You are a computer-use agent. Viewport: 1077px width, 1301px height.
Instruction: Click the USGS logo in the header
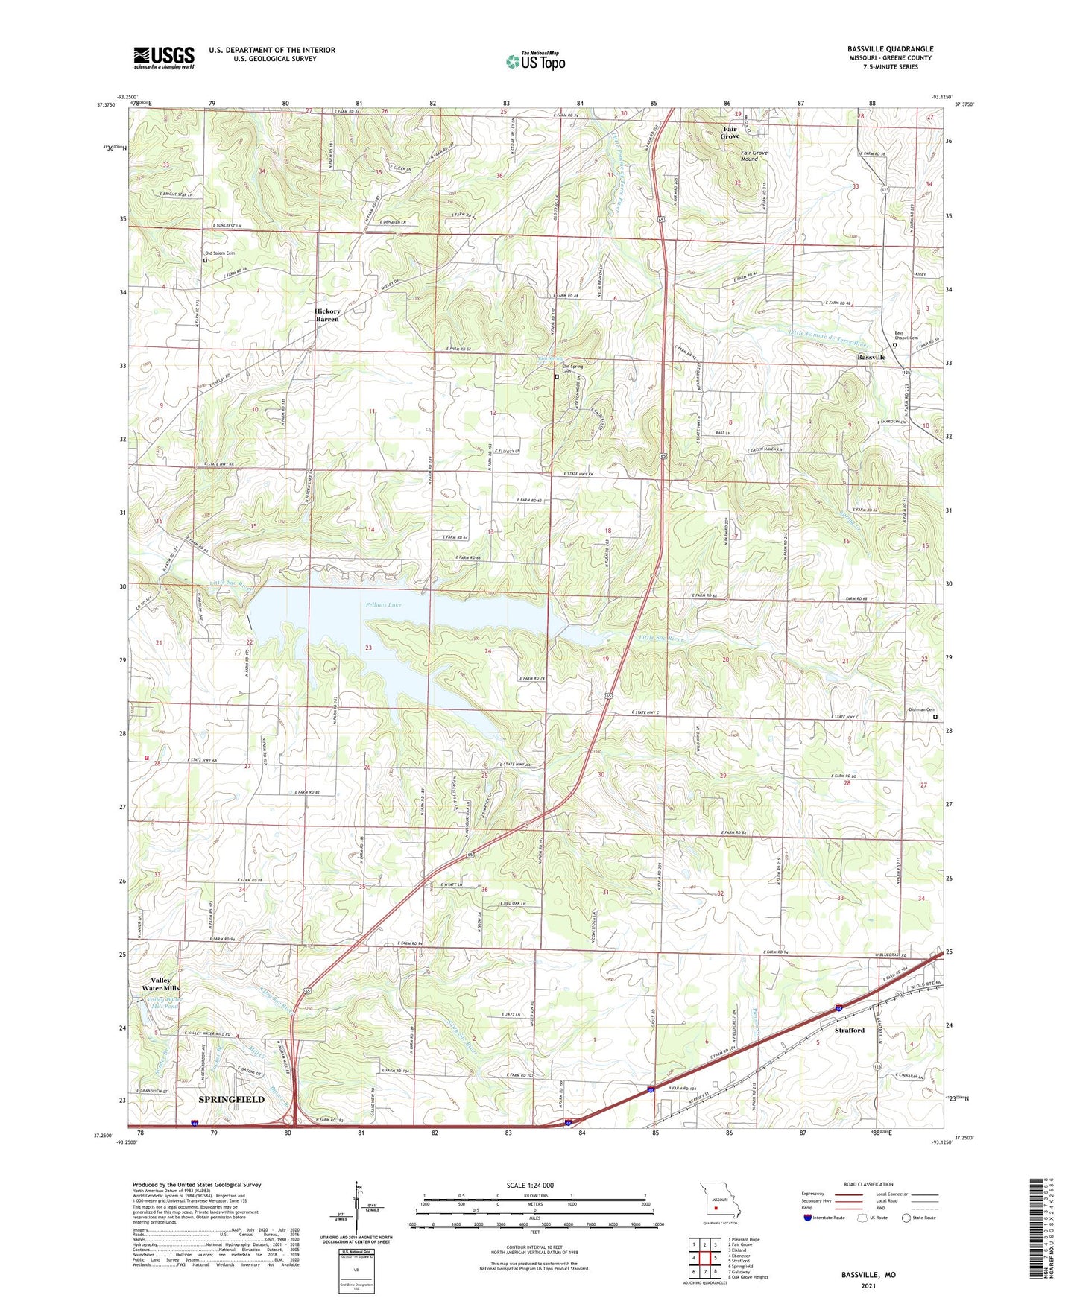click(x=164, y=57)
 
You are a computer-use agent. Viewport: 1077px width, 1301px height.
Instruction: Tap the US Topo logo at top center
click(x=535, y=60)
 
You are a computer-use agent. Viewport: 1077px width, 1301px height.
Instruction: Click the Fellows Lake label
click(x=383, y=604)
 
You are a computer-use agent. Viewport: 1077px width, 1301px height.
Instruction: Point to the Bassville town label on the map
click(x=871, y=358)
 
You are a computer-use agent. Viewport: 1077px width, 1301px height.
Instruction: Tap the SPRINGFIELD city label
click(x=231, y=1099)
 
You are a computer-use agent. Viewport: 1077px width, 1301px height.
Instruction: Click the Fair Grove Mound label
click(x=754, y=156)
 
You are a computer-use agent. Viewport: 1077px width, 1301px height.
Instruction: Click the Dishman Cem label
click(x=920, y=709)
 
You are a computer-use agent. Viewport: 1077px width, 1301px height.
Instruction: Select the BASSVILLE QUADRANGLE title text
click(x=890, y=49)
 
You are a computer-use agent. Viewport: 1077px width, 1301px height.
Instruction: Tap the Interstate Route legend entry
click(x=829, y=1218)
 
